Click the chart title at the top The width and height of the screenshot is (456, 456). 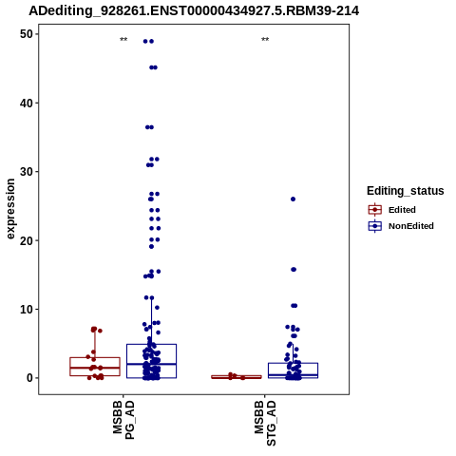pos(194,10)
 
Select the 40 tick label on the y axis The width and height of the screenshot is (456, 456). pos(27,103)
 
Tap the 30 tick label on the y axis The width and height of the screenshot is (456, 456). pos(27,172)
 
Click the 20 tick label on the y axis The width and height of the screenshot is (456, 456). pos(27,240)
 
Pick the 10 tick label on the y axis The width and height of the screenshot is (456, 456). pos(27,309)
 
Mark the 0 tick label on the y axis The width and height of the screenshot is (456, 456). pos(30,378)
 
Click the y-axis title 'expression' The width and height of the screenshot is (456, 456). pos(10,209)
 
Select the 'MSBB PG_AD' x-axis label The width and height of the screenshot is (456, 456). pos(123,420)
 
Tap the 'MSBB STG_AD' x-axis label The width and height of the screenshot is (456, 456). pos(265,424)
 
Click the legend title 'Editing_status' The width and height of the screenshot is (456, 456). pos(406,191)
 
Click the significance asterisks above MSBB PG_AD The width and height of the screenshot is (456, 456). pos(123,40)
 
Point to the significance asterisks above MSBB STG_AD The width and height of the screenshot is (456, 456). pos(265,40)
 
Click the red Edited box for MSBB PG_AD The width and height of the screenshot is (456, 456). pos(95,367)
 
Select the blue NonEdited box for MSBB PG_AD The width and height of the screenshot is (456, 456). pos(151,361)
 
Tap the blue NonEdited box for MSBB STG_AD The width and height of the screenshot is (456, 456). pos(293,370)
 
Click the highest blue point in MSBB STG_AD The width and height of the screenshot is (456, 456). pos(293,199)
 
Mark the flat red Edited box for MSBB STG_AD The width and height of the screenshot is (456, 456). pos(237,377)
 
